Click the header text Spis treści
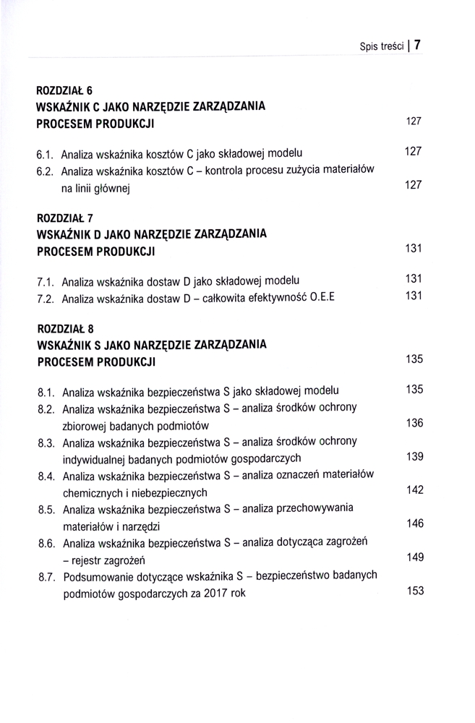385,46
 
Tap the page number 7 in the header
418,45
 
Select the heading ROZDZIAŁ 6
65,91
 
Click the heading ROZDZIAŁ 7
65,218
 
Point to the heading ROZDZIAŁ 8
65,329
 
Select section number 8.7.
47,578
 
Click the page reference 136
414,424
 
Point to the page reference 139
414,457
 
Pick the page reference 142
414,490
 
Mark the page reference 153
414,591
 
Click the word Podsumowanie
102,578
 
